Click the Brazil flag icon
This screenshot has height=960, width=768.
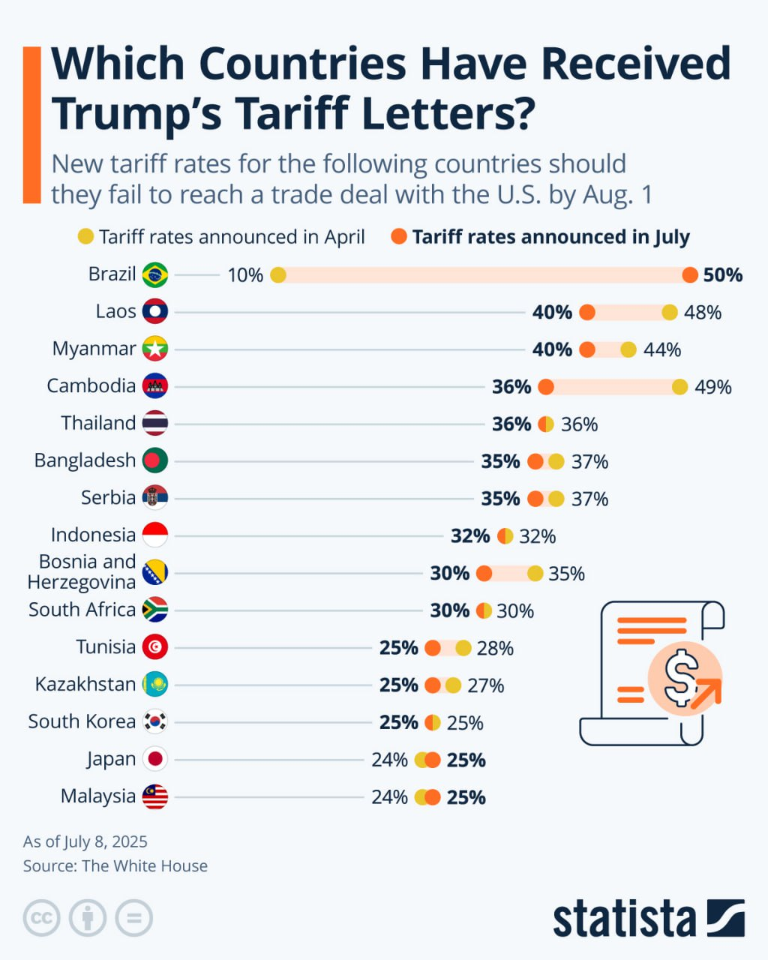coord(155,274)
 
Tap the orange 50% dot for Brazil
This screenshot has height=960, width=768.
coord(690,275)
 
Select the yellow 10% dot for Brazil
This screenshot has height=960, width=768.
coord(278,275)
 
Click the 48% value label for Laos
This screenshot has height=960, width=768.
coord(703,312)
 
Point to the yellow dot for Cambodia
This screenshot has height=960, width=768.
coord(679,387)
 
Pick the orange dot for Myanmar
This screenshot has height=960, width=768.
coord(587,349)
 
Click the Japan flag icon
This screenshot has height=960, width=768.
coord(155,759)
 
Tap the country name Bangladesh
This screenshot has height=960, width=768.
coord(85,460)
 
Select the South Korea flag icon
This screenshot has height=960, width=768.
coord(155,721)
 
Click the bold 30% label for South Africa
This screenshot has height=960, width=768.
coord(449,611)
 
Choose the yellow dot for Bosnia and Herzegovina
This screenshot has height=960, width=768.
coord(535,574)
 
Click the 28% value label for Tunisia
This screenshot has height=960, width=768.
coord(495,648)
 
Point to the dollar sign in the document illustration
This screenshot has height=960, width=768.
coord(680,677)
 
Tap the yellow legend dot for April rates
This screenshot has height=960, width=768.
coord(86,237)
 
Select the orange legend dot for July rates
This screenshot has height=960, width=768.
coord(399,237)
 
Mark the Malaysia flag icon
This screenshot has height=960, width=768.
coord(155,796)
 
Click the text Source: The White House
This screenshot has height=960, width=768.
coord(115,866)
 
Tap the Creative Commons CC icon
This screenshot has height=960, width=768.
coord(42,918)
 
